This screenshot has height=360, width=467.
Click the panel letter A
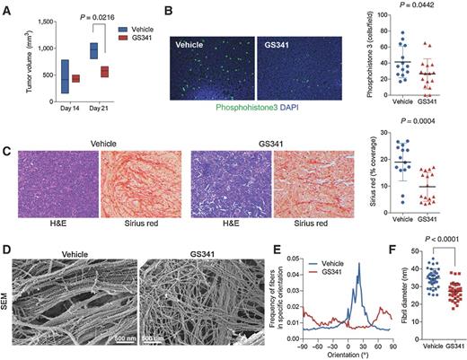(8, 8)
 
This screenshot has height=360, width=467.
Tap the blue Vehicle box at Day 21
(93, 49)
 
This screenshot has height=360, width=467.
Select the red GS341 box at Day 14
(75, 78)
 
